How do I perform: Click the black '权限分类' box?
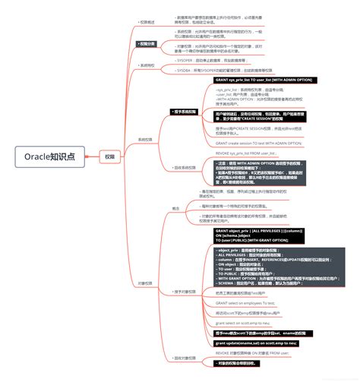point(147,44)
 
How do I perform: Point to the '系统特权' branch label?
point(147,65)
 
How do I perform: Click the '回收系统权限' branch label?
point(184,167)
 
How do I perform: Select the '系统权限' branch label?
point(144,140)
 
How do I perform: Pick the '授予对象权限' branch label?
point(184,292)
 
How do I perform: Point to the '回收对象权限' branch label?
point(184,358)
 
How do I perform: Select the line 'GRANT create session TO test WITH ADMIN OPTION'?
point(258,143)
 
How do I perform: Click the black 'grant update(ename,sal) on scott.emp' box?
point(257,343)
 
